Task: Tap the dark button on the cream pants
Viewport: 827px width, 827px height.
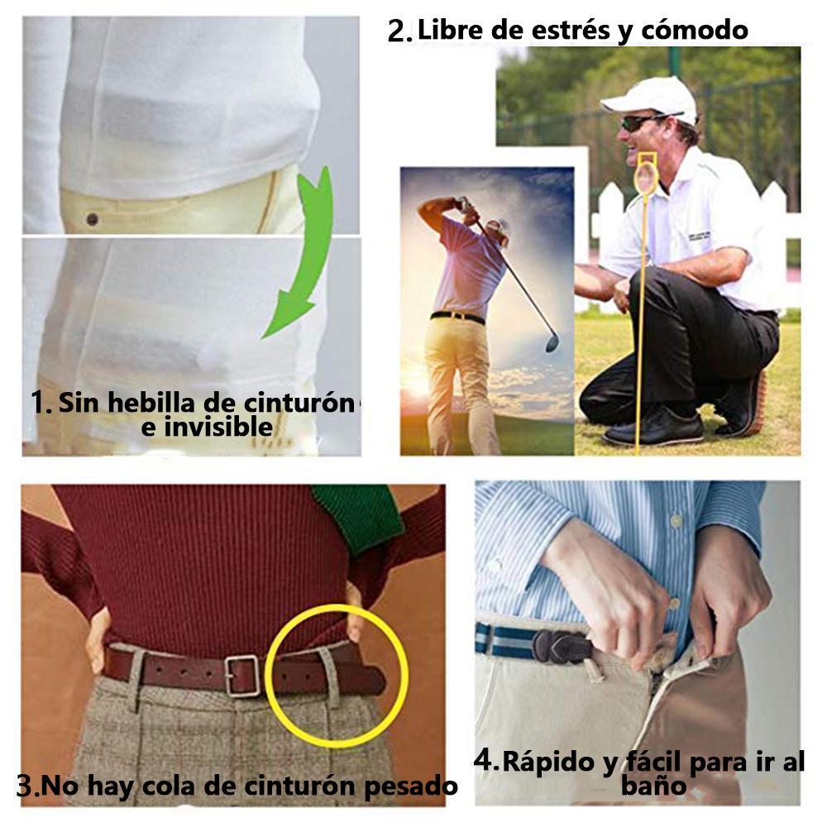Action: (x=93, y=219)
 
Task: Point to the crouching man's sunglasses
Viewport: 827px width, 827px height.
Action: (x=641, y=122)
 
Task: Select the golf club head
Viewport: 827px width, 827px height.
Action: (x=552, y=343)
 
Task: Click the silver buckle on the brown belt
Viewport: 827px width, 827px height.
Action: (x=242, y=676)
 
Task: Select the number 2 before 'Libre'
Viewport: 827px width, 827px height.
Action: (x=399, y=31)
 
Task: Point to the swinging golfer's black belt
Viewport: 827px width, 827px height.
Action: (x=457, y=317)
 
